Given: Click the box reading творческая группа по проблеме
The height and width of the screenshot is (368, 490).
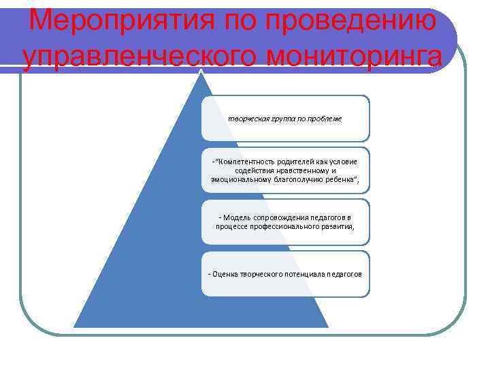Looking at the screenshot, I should point(285,119).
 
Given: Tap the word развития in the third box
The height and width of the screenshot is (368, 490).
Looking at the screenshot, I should point(341,226).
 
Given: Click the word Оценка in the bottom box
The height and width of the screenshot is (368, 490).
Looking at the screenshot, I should point(225,274).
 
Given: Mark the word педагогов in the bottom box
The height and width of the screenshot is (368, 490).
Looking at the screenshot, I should point(344,274).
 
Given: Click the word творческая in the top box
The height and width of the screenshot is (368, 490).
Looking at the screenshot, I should point(246,119).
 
